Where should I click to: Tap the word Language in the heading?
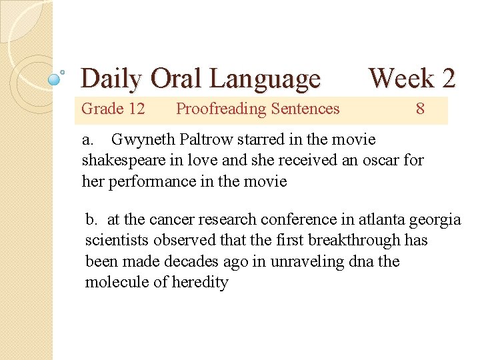click(x=265, y=79)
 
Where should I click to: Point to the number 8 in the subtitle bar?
click(x=420, y=109)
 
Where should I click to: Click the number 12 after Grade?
click(x=135, y=109)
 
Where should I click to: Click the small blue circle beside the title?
click(x=55, y=79)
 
